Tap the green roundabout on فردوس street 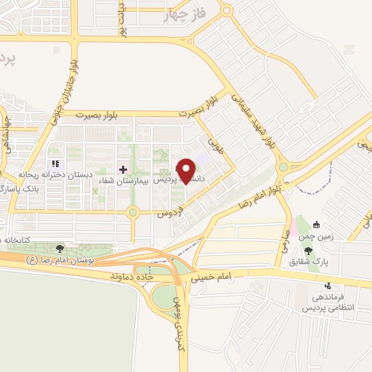132,213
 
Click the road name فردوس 169,214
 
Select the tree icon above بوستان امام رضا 60,249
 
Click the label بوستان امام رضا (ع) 55,259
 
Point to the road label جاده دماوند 134,278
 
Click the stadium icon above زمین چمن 317,225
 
